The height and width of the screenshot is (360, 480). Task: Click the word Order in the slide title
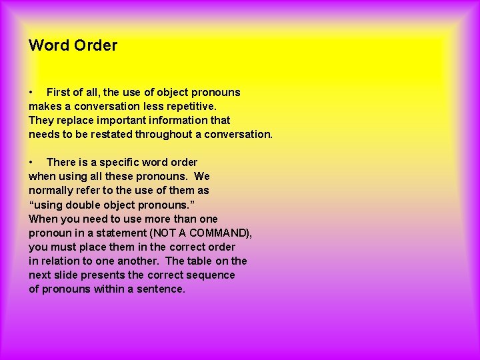tap(95, 45)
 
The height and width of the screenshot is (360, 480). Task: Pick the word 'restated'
tap(111, 134)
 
